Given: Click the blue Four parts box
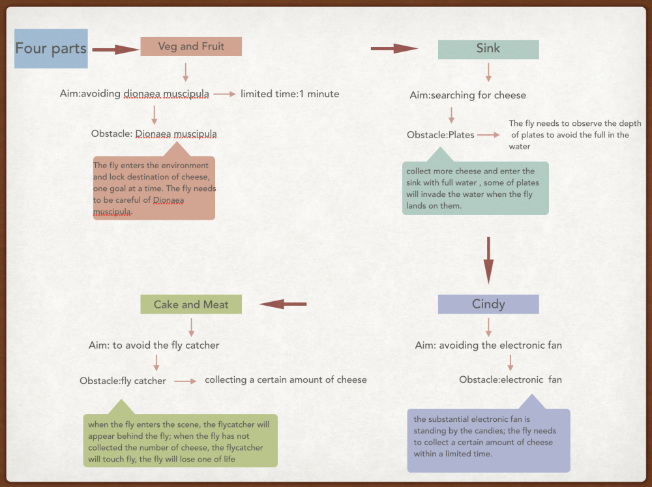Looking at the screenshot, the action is pyautogui.click(x=51, y=49).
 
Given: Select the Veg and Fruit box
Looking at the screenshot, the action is pyautogui.click(x=191, y=46).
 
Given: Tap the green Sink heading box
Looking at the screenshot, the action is pyautogui.click(x=488, y=50).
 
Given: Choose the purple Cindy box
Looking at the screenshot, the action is pyautogui.click(x=488, y=304).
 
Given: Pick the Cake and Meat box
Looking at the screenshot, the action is pyautogui.click(x=191, y=304).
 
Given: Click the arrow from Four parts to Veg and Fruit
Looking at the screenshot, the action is pyautogui.click(x=115, y=50).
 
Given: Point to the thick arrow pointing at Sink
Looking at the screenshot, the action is pyautogui.click(x=394, y=48).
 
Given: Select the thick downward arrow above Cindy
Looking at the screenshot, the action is pyautogui.click(x=488, y=261).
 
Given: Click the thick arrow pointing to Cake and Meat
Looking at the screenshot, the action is pyautogui.click(x=283, y=304).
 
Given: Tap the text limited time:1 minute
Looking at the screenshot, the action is pyautogui.click(x=290, y=94).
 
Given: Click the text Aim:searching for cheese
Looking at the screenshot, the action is pyautogui.click(x=467, y=95).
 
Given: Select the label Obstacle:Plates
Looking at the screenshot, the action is pyautogui.click(x=440, y=135).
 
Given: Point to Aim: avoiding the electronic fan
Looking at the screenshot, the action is pyautogui.click(x=488, y=345).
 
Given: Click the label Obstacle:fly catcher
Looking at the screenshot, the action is pyautogui.click(x=123, y=381).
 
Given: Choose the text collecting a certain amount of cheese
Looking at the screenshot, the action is pyautogui.click(x=286, y=379).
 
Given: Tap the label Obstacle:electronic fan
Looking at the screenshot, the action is pyautogui.click(x=511, y=379).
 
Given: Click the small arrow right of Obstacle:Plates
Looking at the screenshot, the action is pyautogui.click(x=488, y=135).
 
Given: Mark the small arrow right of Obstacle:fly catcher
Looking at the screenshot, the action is pyautogui.click(x=185, y=381).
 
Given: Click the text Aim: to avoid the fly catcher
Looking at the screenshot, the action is pyautogui.click(x=154, y=345).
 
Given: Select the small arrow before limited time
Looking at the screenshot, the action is pyautogui.click(x=225, y=94).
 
